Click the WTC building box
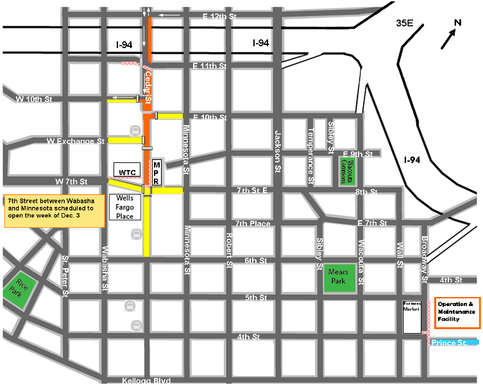(x=126, y=171)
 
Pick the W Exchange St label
(x=75, y=140)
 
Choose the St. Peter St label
(x=66, y=277)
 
